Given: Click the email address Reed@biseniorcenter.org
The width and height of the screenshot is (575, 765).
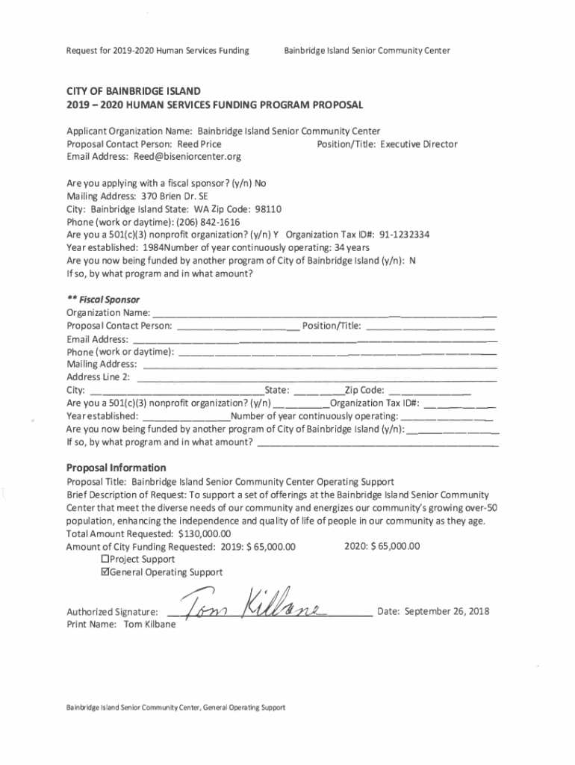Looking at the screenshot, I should coord(187,157).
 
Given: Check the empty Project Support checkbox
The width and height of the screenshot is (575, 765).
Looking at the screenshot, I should coord(105,559).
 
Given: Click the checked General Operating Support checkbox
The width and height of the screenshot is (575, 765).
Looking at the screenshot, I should coord(105,572).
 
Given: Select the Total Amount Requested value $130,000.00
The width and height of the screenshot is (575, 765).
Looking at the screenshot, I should coord(205,533).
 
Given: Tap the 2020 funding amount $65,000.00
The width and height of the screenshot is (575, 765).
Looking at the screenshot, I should coord(392,546).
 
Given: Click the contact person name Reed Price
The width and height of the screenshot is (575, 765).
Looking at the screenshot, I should coord(199,144).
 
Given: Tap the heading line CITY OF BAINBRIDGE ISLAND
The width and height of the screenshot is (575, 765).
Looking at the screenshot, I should coord(133,90).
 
